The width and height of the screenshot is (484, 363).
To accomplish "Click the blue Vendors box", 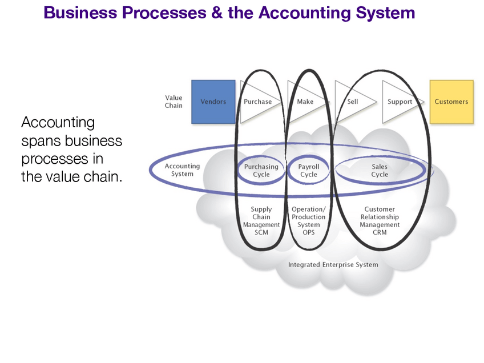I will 213,102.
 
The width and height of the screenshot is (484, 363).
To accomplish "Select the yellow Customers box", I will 451,102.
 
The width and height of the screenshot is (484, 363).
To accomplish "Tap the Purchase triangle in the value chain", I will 257,102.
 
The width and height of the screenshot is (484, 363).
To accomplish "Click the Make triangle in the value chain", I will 305,102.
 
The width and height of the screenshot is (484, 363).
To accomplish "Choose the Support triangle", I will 400,102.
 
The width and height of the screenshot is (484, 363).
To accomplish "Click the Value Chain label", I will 174,102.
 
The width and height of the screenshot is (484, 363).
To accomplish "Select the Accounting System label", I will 182,170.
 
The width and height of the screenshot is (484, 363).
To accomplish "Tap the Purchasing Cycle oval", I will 261,171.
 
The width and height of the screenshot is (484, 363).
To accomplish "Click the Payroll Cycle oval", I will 309,171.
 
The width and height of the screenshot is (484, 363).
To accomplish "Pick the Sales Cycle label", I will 380,171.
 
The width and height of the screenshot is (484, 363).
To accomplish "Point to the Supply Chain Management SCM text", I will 261,221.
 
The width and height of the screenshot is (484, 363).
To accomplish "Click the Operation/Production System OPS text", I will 309,221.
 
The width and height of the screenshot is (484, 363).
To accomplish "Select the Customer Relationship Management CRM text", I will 380,221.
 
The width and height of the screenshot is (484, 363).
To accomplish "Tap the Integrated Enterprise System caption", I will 333,265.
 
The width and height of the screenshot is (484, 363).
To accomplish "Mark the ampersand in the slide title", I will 216,13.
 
